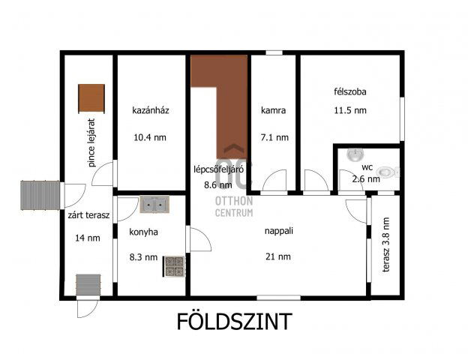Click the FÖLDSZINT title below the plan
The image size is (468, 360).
coord(234,322)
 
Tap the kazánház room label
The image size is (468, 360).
coord(150,110)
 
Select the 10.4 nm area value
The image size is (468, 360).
coord(150,137)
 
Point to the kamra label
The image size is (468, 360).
coord(274,110)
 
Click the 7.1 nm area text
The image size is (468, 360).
coord(274,137)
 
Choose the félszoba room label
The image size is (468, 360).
coord(350,92)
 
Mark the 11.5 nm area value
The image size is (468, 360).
coord(350,110)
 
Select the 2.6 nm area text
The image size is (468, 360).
coord(367,178)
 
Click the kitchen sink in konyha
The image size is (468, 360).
coord(155,202)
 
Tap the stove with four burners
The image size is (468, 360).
coord(173,266)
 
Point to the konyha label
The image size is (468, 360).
coord(143,232)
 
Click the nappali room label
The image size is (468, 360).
coord(277,232)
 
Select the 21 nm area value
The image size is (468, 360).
coord(277,256)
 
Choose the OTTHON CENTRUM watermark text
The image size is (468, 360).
coord(234,207)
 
